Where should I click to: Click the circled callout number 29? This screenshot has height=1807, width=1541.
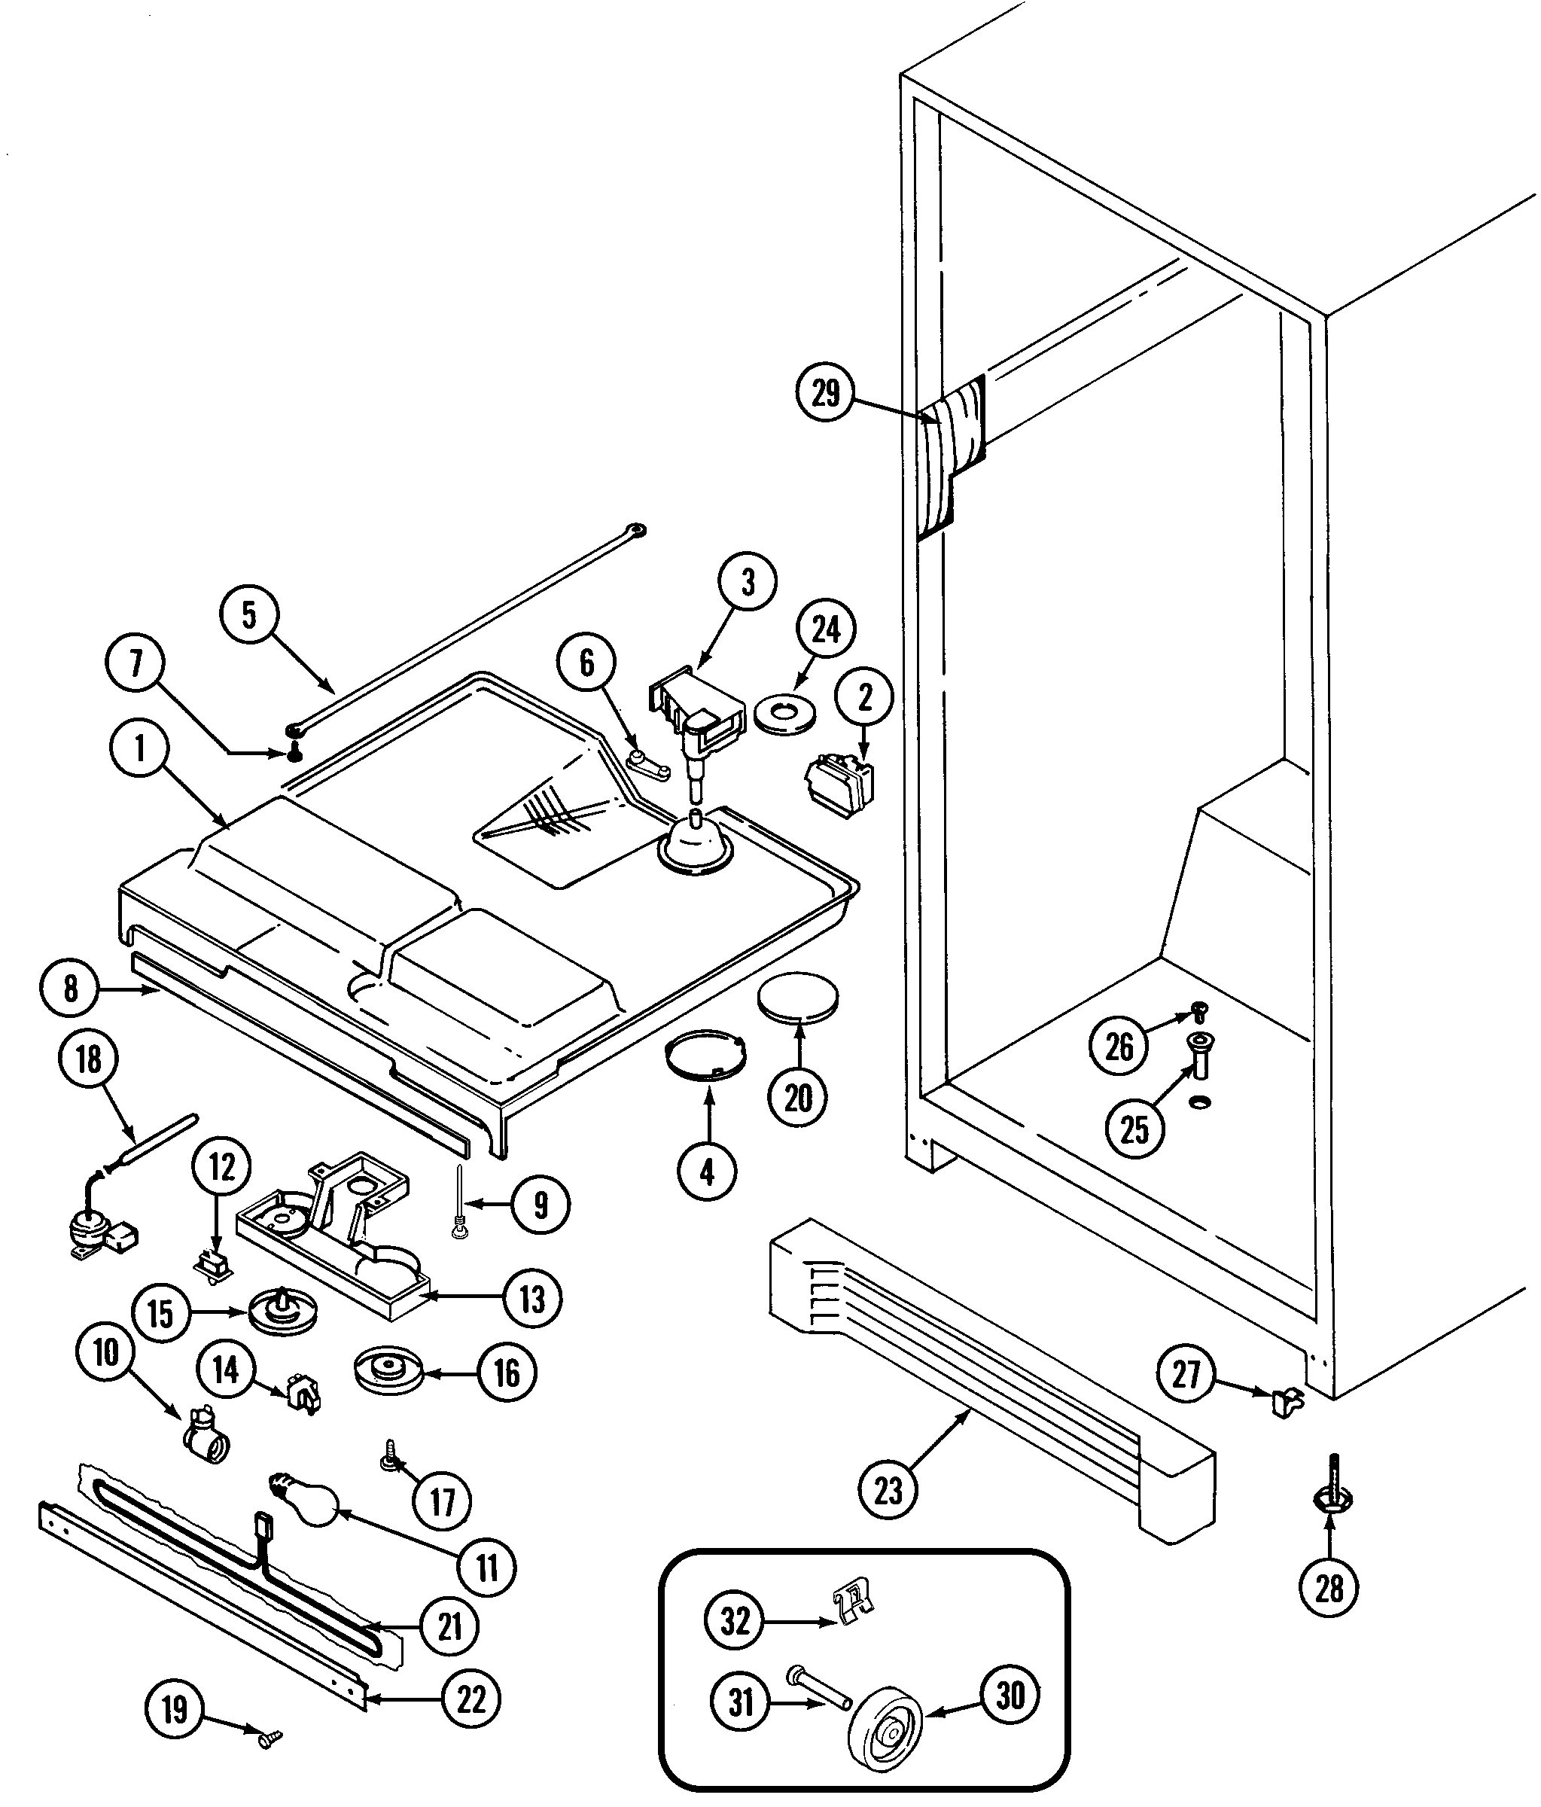(x=825, y=392)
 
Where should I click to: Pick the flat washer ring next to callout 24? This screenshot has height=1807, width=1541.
(x=787, y=715)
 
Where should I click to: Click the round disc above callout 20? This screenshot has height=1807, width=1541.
(x=798, y=996)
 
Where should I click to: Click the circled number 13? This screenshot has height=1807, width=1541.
(x=532, y=1299)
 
